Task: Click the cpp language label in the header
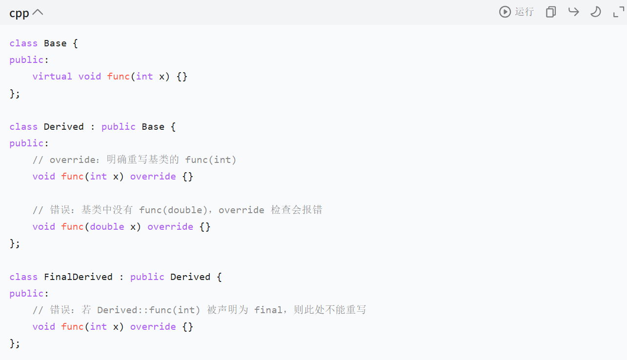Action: (19, 13)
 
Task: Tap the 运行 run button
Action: (517, 12)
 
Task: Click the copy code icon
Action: (551, 12)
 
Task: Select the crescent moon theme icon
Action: (595, 12)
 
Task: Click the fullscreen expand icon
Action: (618, 12)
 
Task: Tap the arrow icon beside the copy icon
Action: (573, 12)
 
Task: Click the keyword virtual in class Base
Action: (52, 77)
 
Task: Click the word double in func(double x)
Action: (107, 227)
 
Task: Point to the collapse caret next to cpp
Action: (38, 13)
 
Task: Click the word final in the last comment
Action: (268, 310)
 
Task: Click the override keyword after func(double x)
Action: (170, 227)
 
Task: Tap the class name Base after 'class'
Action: (55, 43)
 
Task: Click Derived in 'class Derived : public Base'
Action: (64, 127)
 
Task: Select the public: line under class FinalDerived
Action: (29, 294)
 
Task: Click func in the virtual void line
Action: (119, 77)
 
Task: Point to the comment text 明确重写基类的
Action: (143, 160)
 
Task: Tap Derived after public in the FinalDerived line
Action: (190, 277)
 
